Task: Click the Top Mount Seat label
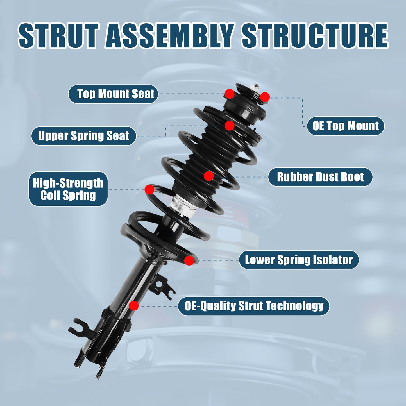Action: coord(113,94)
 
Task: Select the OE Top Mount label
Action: coord(345,126)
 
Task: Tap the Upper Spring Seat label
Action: coord(83,136)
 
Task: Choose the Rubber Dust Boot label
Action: coord(320,177)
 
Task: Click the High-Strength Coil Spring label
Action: coord(68,189)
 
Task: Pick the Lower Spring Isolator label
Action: coord(299,260)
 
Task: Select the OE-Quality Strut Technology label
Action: coord(254,306)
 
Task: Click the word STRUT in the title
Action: coord(58,36)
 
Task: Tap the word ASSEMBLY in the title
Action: coord(170,36)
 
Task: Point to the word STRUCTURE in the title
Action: coord(315,36)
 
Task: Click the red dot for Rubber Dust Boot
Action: coord(208,176)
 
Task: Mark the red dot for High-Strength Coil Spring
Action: coord(149,189)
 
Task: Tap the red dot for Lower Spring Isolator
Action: coord(189,260)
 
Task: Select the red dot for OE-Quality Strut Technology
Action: coord(134,306)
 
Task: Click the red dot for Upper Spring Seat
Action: coord(230,126)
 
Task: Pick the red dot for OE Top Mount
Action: coord(265,97)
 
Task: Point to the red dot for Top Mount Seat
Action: coord(230,94)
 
